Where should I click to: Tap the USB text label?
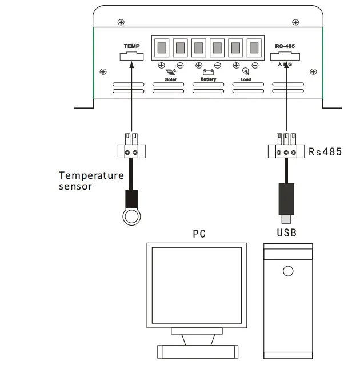[287, 233]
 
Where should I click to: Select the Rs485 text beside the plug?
[325, 152]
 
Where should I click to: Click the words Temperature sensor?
[91, 181]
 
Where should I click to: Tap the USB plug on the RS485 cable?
[286, 199]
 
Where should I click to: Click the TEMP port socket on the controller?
[131, 56]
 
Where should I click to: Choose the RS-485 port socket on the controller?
[285, 56]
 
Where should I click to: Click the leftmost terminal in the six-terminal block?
[162, 46]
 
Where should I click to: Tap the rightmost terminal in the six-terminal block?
[253, 46]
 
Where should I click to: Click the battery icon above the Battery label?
[208, 73]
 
